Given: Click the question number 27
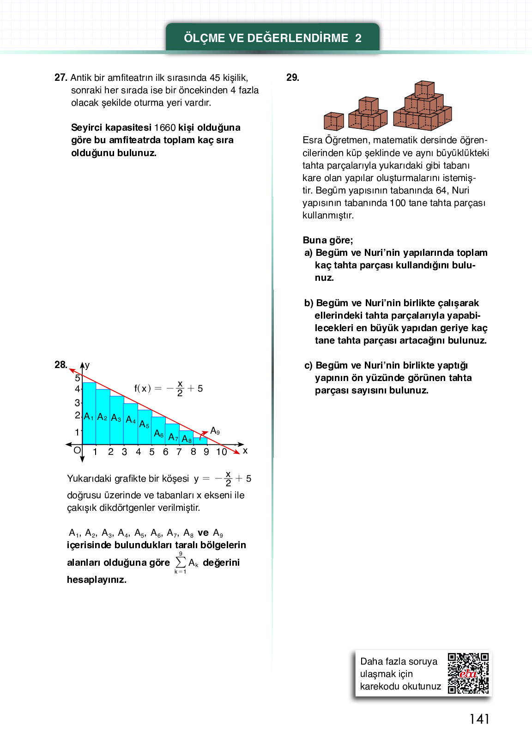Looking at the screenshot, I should [60, 78].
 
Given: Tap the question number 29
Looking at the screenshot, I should [293, 78].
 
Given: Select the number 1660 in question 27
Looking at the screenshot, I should [165, 127].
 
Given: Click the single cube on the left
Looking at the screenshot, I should [333, 121].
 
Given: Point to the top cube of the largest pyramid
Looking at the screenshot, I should [424, 89].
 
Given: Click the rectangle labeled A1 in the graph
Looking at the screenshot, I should [89, 413].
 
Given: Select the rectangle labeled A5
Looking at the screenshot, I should [145, 427].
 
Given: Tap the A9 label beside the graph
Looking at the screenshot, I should [215, 431].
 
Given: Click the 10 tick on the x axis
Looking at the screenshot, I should [222, 452].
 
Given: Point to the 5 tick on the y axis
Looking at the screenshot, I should [78, 378].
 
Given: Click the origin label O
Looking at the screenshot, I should [77, 450].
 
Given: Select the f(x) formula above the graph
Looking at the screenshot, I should [169, 389].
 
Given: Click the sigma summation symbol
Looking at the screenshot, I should [181, 562].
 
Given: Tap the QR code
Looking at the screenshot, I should [468, 673].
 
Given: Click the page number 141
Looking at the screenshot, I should [479, 719].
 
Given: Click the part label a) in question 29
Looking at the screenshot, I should [308, 253].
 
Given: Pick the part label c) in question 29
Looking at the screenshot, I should [308, 366].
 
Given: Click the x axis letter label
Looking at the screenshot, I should [245, 451].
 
